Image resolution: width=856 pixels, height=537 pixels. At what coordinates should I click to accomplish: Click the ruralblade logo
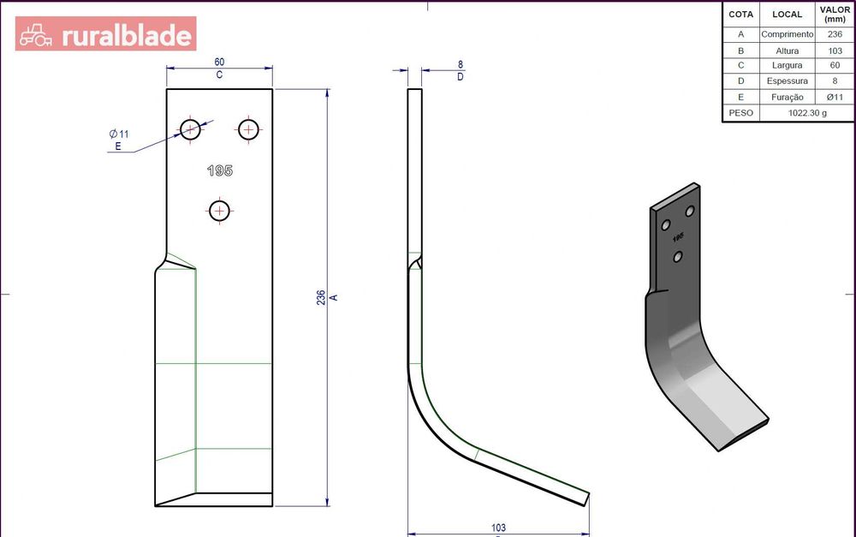click(x=105, y=34)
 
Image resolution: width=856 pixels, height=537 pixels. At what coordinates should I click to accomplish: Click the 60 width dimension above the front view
click(x=219, y=62)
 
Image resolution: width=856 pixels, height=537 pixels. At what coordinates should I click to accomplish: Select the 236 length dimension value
click(x=321, y=297)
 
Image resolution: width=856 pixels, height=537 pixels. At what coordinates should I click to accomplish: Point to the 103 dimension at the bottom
click(x=498, y=528)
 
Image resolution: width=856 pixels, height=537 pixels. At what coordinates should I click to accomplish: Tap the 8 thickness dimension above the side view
click(x=461, y=64)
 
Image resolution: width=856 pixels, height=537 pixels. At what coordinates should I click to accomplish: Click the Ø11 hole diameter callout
click(x=119, y=134)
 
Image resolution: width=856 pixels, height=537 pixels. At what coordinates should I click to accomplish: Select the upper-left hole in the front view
click(x=190, y=130)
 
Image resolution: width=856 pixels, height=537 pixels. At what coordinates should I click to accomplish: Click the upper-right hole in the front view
click(x=248, y=130)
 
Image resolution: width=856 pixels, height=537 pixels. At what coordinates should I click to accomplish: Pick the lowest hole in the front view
click(x=219, y=211)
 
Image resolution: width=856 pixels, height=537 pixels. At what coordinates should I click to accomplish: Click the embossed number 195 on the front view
click(x=220, y=170)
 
